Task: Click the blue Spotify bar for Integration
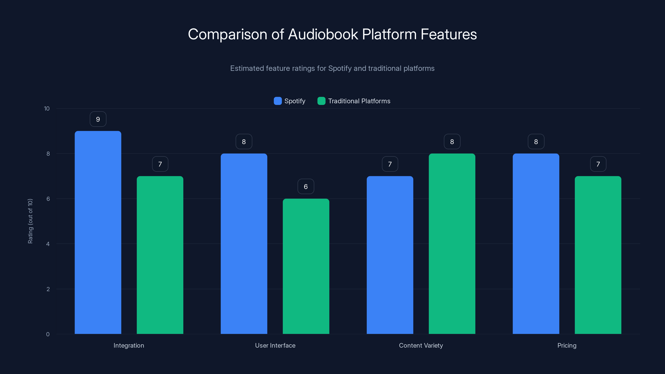[x=98, y=232]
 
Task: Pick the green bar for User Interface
[x=306, y=266]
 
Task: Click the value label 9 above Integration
[x=98, y=119]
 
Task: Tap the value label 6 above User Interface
[x=306, y=187]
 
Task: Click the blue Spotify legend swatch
[x=277, y=101]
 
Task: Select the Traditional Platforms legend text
[x=359, y=101]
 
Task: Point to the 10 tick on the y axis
[x=47, y=108]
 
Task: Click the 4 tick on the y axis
[x=48, y=244]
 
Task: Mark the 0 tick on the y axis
[x=48, y=334]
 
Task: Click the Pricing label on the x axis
[x=567, y=345]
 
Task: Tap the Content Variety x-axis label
[x=421, y=345]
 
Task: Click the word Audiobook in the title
[x=323, y=34]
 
